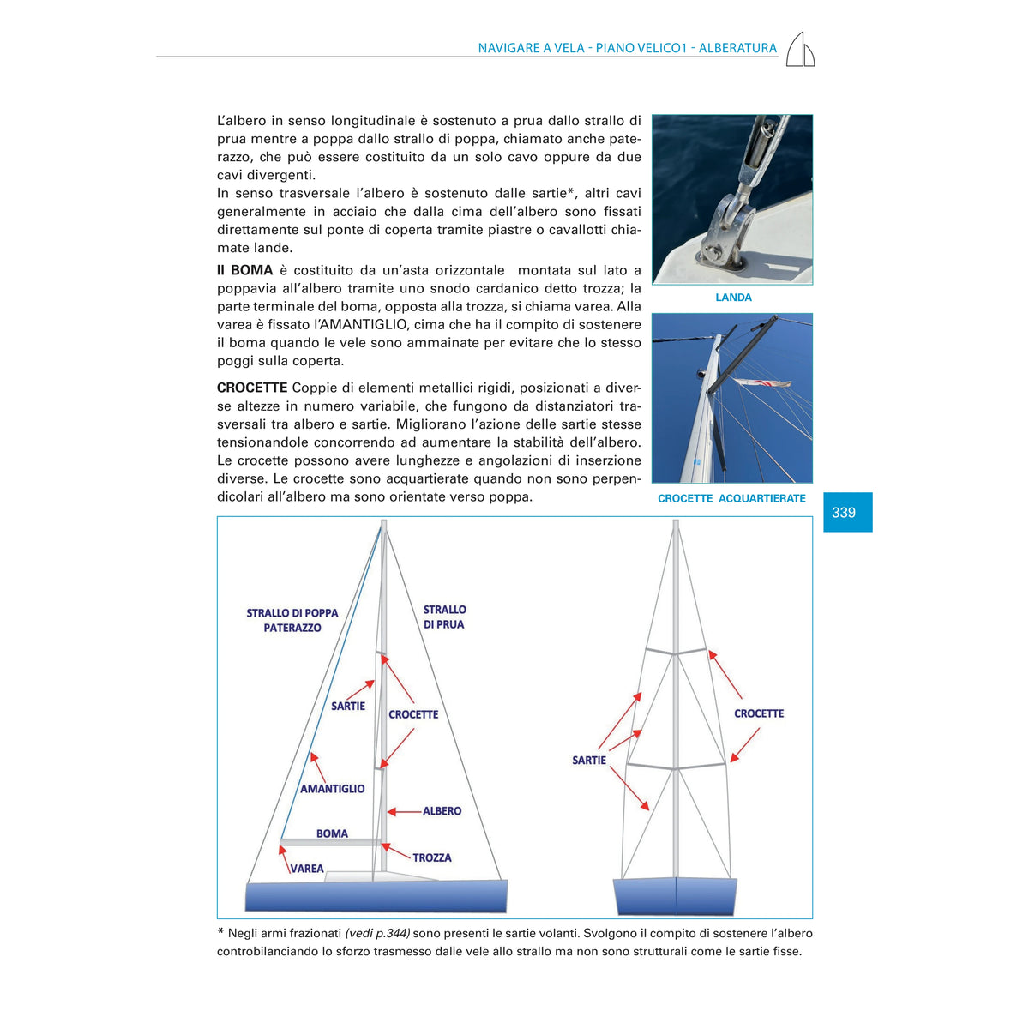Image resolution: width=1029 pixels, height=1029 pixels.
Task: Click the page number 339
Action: [x=843, y=513]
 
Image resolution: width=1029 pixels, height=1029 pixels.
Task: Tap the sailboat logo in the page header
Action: [x=800, y=49]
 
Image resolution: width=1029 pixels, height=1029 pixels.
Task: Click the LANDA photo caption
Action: [x=733, y=298]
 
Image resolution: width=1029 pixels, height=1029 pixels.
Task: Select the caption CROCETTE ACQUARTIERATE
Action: [x=731, y=498]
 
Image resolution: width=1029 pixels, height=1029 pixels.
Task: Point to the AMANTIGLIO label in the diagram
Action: [x=332, y=789]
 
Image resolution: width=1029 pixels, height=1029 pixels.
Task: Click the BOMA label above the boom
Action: [x=332, y=833]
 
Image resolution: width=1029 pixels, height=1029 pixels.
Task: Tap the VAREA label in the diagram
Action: [x=306, y=869]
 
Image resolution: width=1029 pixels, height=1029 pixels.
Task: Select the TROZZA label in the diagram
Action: [x=431, y=857]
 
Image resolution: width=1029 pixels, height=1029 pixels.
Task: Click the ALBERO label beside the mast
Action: [x=442, y=810]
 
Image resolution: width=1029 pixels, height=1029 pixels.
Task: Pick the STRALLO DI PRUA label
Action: [x=444, y=617]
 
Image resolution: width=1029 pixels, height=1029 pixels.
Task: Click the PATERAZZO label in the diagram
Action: [x=292, y=628]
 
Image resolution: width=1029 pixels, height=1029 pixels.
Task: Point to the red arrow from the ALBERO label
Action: [x=404, y=812]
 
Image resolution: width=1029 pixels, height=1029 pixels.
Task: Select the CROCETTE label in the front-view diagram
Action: [x=758, y=713]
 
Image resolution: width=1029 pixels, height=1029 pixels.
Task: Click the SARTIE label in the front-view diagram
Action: [x=588, y=760]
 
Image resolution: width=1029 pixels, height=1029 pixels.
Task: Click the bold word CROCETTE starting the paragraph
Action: [x=252, y=387]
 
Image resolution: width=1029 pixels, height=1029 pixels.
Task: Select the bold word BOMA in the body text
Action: [x=251, y=269]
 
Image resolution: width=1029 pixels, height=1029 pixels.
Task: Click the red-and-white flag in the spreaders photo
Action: [x=763, y=382]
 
